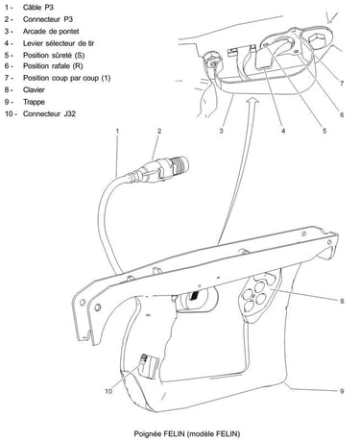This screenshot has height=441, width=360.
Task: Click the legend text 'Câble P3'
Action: pyautogui.click(x=38, y=7)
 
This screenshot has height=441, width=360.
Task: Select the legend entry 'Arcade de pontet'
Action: pyautogui.click(x=51, y=32)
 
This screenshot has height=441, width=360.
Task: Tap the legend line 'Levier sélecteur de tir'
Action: pyautogui.click(x=59, y=43)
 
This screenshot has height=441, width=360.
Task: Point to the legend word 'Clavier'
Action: pyautogui.click(x=34, y=89)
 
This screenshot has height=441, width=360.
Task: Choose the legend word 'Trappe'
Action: pyautogui.click(x=34, y=102)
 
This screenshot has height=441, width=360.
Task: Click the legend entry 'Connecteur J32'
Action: pyautogui.click(x=49, y=113)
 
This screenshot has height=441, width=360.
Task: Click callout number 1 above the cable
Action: pyautogui.click(x=117, y=131)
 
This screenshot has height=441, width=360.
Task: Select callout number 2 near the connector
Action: pyautogui.click(x=159, y=131)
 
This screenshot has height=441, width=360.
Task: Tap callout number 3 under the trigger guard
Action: pyautogui.click(x=221, y=131)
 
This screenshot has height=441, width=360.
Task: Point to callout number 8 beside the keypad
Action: pyautogui.click(x=342, y=301)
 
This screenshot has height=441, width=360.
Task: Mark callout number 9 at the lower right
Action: pyautogui.click(x=342, y=391)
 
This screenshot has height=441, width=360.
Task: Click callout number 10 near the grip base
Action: pyautogui.click(x=108, y=391)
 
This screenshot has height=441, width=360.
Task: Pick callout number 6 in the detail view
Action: pyautogui.click(x=342, y=114)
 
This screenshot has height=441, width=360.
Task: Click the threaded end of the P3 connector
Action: pyautogui.click(x=180, y=164)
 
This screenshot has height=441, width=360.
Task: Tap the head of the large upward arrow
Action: pyautogui.click(x=252, y=100)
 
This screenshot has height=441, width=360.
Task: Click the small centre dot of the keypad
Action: pyautogui.click(x=253, y=297)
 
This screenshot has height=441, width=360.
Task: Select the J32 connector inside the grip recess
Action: pyautogui.click(x=144, y=359)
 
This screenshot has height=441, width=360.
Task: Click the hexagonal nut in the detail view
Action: pyautogui.click(x=317, y=39)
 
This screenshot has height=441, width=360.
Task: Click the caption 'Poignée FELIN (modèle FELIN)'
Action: pyautogui.click(x=187, y=433)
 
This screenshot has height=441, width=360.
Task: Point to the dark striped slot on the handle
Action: pyautogui.click(x=194, y=296)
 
